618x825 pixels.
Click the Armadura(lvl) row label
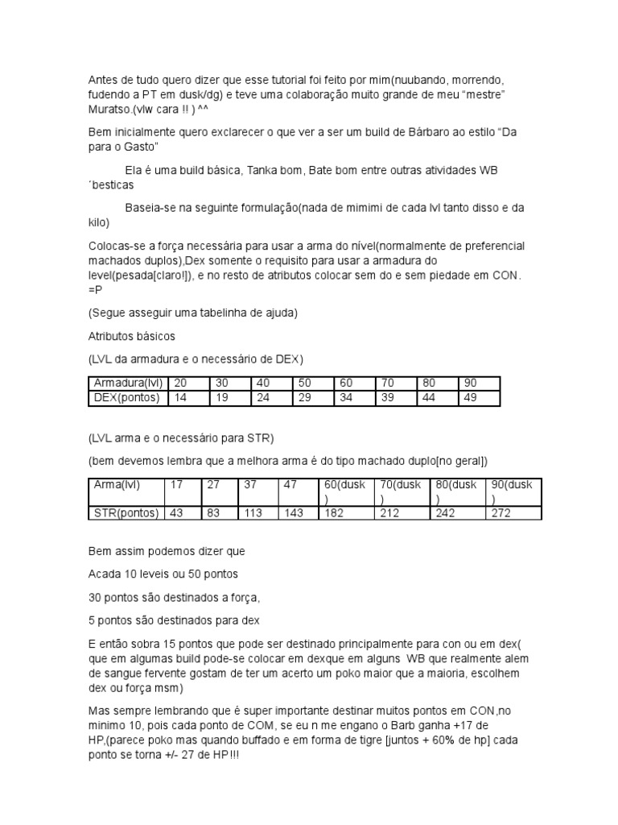128,383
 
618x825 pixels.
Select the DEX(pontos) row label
128,397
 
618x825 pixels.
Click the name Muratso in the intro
109,110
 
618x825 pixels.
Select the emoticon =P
95,291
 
